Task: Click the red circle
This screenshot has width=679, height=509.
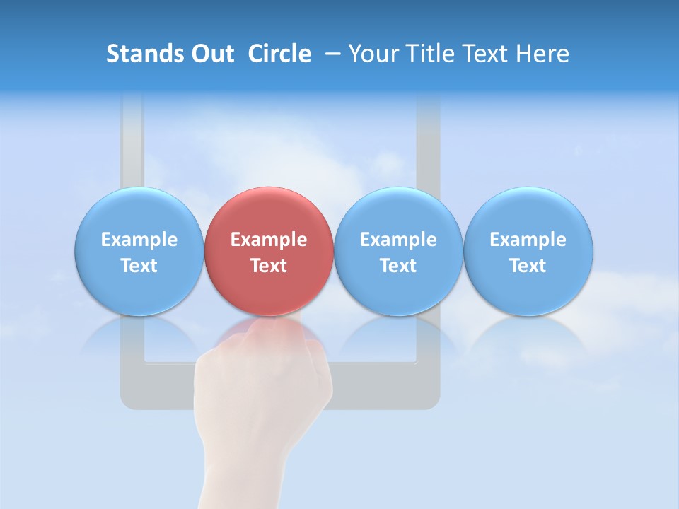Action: click(x=269, y=252)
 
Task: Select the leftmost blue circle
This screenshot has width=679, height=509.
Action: click(x=139, y=252)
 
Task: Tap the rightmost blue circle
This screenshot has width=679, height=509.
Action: click(x=528, y=252)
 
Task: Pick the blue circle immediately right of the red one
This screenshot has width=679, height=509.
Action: click(x=398, y=252)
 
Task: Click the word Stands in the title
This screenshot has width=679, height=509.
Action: click(x=137, y=54)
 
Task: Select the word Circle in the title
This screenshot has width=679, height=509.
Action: click(x=279, y=54)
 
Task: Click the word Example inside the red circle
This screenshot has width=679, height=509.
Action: click(x=269, y=240)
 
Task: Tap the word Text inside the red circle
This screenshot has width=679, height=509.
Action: click(x=269, y=266)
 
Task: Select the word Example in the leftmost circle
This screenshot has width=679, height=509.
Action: click(x=139, y=240)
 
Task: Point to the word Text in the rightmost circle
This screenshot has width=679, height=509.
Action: click(x=528, y=266)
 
